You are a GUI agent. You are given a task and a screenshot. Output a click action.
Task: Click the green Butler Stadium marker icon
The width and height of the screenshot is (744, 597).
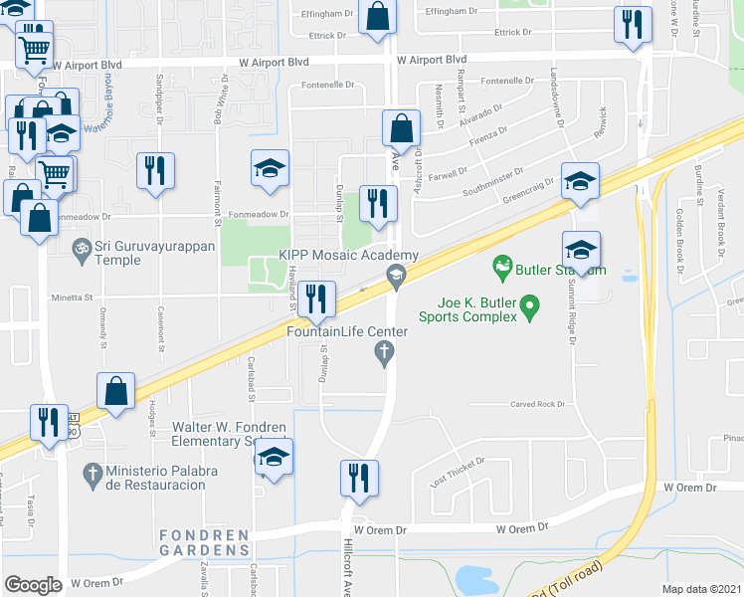coord(502,267)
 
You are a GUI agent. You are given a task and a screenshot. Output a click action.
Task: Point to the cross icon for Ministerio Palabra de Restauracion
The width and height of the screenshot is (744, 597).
coord(93,474)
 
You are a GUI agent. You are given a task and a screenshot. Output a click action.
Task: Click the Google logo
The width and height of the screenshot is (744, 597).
coord(33,585)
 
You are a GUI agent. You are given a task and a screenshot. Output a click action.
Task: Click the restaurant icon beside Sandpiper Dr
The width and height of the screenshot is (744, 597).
coord(154,170)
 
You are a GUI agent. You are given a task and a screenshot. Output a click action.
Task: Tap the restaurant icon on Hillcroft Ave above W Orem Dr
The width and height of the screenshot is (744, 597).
coord(357,478)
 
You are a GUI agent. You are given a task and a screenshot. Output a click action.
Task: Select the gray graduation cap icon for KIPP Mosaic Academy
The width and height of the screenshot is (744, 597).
coord(396,275)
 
